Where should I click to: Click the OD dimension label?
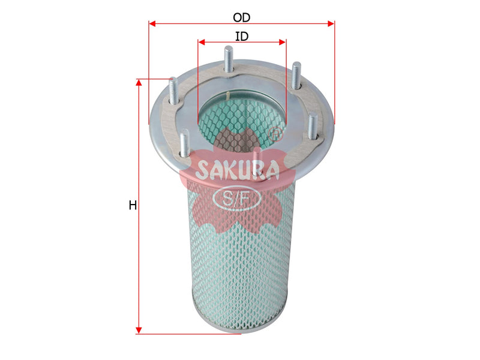point(242,18)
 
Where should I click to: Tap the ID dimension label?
point(242,37)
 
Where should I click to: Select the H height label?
point(133,205)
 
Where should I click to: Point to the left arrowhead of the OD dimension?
point(152,23)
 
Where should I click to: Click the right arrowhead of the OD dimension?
point(331,23)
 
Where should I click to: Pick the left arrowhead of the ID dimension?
point(202,42)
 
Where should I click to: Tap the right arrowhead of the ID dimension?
point(282,42)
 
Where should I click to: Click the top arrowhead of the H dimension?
point(139,82)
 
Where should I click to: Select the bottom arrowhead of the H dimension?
point(139,330)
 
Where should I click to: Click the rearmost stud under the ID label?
point(228,59)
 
